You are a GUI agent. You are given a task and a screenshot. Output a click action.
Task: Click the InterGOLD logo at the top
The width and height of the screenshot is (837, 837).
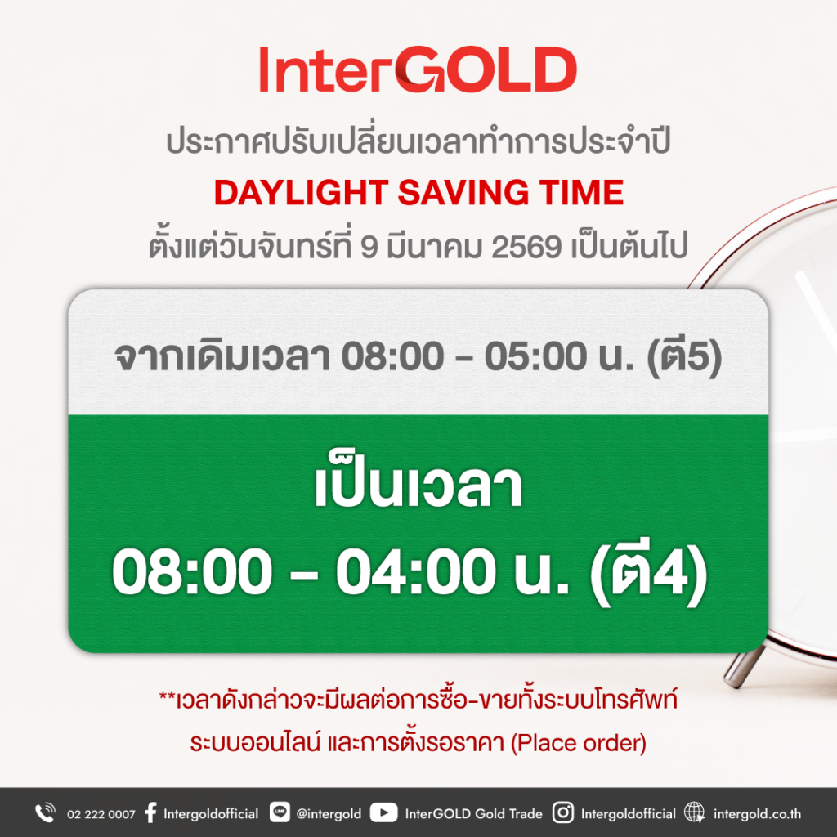[x=418, y=69]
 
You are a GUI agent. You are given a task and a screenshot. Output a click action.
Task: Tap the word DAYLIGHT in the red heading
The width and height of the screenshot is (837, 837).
[x=301, y=193]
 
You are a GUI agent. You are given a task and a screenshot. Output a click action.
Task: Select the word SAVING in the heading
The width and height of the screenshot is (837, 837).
[x=463, y=193]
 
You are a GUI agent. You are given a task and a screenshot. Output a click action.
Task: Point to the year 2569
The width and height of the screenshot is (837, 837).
[x=526, y=247]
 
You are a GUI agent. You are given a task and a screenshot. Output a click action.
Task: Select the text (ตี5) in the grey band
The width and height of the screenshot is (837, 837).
[x=684, y=356]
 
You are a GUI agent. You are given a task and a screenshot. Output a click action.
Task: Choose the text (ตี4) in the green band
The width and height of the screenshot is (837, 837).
[x=648, y=571]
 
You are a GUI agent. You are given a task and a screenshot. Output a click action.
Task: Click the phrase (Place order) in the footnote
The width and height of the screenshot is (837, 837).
[x=579, y=743]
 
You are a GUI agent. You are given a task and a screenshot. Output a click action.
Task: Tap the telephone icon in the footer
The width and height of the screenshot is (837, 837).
[x=46, y=813]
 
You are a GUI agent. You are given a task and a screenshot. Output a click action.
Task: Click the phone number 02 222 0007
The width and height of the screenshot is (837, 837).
[x=101, y=814]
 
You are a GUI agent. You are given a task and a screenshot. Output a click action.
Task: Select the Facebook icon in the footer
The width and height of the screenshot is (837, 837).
[x=150, y=813]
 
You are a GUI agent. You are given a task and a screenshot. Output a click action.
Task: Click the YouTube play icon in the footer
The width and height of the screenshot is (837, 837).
[x=383, y=813]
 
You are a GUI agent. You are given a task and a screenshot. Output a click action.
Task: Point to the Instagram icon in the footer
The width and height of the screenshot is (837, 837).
[x=562, y=813]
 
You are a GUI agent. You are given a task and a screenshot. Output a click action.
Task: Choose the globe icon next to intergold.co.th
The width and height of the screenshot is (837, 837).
[x=695, y=813]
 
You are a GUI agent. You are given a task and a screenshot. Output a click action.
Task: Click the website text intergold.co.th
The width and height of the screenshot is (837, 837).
[x=757, y=814]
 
